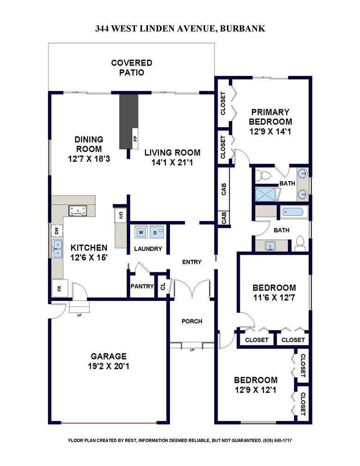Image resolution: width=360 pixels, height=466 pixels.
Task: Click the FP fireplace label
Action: point(135,139)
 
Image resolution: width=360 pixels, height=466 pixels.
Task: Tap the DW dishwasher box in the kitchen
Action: point(57,231)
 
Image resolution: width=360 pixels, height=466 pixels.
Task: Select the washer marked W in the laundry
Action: point(141,232)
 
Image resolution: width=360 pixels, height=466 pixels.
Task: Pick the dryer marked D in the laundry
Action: point(157,232)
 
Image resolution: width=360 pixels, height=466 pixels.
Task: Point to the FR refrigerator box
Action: point(60,288)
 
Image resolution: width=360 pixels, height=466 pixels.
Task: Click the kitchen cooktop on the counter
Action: point(78,211)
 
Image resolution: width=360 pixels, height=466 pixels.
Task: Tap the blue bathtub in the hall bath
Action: point(293,212)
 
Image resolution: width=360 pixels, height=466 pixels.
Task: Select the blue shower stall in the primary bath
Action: point(267,194)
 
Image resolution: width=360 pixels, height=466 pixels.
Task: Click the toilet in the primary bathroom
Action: point(263,175)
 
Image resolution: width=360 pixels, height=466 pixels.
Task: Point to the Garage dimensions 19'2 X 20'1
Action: point(109,366)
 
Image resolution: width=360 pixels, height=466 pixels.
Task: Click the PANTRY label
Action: point(142,286)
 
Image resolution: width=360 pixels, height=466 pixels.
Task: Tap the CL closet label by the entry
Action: point(163,287)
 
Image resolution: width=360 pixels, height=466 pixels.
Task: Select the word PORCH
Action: point(192,321)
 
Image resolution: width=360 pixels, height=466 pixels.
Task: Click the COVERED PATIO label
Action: point(132,67)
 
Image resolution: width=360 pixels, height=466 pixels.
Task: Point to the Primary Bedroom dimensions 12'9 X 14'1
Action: point(270,131)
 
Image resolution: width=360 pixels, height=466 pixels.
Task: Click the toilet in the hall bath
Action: point(300,243)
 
